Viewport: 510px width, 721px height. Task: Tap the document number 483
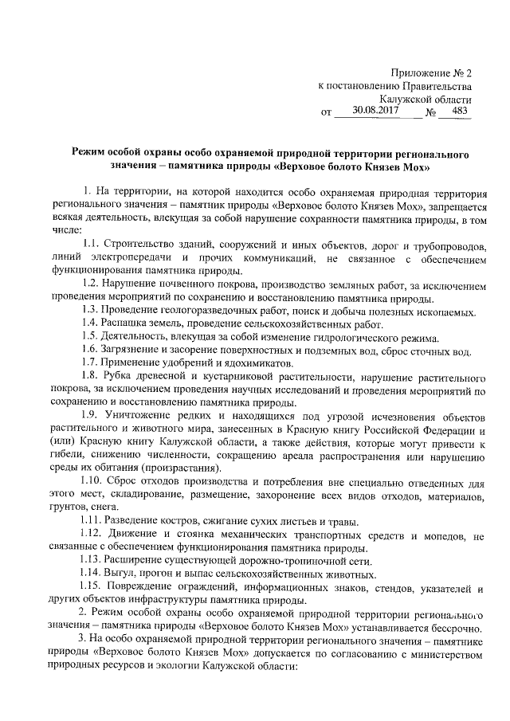tap(459, 112)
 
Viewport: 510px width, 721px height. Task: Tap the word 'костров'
tap(177, 523)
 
